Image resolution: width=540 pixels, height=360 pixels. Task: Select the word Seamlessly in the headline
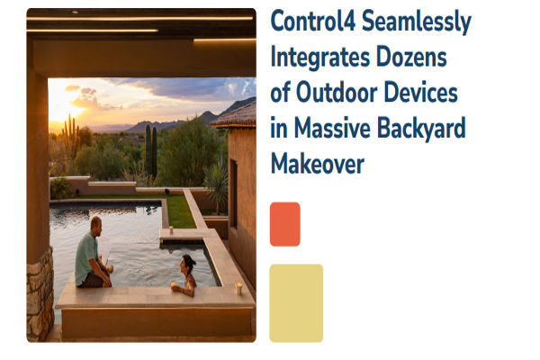tap(421, 23)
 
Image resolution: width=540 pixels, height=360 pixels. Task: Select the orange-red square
tap(284, 224)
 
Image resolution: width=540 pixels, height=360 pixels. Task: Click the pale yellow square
tap(296, 302)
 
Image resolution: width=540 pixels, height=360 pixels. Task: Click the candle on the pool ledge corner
tap(238, 288)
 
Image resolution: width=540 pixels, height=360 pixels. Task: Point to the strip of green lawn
tap(181, 212)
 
